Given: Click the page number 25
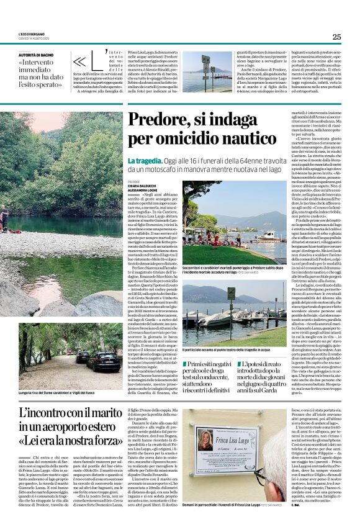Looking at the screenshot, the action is (x=336, y=37).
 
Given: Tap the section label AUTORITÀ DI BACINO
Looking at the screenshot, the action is (x=37, y=55).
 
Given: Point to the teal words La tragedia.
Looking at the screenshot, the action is (x=144, y=160).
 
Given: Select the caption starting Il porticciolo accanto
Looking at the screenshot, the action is (x=218, y=351).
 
